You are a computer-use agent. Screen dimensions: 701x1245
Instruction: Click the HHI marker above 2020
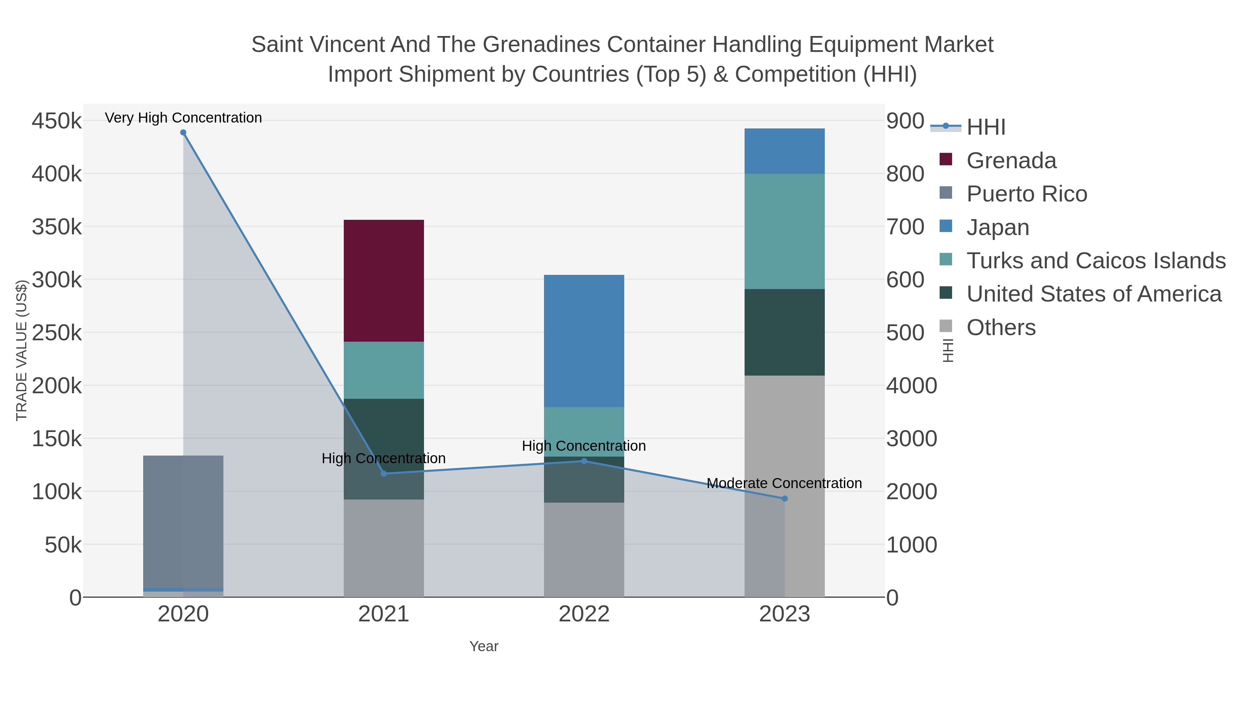pos(183,133)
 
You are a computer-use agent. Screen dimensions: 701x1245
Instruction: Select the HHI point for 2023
pos(784,498)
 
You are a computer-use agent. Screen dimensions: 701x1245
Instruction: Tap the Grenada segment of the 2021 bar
pos(384,281)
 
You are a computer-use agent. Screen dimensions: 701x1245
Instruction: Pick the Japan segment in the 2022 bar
pos(584,341)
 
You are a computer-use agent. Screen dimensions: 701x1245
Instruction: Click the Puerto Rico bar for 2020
pos(183,520)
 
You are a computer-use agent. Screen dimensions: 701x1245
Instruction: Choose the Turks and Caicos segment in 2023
pos(784,231)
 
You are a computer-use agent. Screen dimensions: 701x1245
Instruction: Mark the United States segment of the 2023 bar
pos(784,332)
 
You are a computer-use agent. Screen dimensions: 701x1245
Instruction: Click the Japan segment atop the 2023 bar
pos(784,151)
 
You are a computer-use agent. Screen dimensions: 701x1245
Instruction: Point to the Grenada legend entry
pos(1011,161)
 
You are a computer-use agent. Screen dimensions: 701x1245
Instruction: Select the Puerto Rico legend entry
pos(1026,194)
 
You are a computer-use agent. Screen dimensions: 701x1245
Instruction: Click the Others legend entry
pos(1001,327)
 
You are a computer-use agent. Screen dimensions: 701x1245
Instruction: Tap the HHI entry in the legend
pos(986,127)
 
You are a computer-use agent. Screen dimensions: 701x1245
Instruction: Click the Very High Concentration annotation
pos(183,118)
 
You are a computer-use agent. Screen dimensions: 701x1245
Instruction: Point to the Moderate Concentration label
pos(784,483)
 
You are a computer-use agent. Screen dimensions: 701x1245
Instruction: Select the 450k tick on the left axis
pos(57,121)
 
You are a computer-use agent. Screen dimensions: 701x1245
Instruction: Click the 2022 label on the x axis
pos(584,614)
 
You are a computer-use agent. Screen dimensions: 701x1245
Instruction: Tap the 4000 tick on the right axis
pos(912,386)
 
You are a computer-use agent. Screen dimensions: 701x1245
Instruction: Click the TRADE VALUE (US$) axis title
pos(22,350)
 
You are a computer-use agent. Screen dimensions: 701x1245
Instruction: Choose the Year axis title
pos(484,646)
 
